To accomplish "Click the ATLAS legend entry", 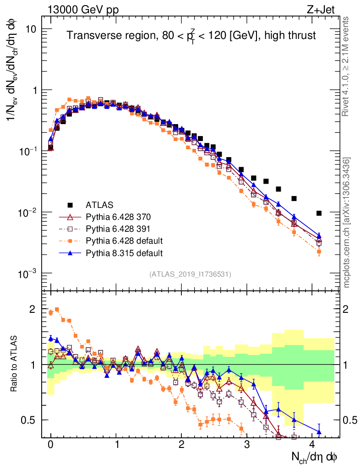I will (98, 205).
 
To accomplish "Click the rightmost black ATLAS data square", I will (319, 213).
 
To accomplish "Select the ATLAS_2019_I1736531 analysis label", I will (190, 274).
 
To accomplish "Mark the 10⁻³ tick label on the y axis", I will (28, 274).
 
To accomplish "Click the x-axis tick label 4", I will (312, 444).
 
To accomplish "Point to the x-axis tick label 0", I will (50, 444).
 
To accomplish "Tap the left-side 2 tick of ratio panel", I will (32, 309).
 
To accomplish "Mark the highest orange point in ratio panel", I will (57, 309).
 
